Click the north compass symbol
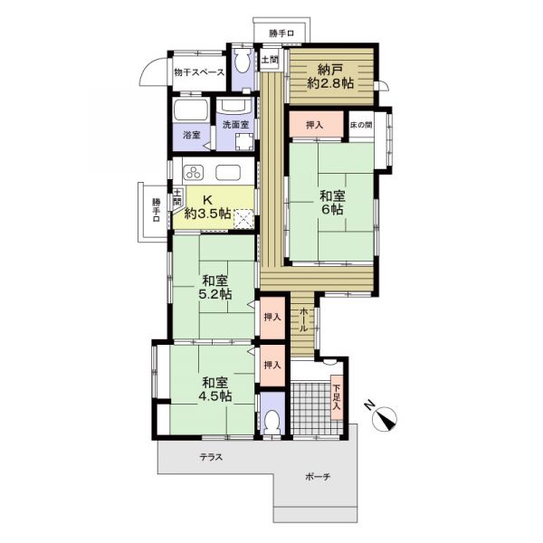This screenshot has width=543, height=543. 384,419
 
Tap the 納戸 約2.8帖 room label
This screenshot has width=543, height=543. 330,77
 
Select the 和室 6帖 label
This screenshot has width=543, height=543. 332,203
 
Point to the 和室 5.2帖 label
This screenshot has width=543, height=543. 214,287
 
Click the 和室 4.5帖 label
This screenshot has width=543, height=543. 214,389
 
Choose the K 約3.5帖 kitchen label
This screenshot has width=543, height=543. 207,206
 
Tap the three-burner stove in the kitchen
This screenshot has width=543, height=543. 194,172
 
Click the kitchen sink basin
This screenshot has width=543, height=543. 228,172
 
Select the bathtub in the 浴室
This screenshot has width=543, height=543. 191,110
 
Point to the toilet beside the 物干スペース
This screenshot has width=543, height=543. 243,61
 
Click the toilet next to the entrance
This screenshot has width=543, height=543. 271,422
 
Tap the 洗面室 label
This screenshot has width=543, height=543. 236,124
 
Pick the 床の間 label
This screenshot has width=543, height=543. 361,125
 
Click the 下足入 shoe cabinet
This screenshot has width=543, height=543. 337,397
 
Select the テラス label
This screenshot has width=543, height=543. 211,457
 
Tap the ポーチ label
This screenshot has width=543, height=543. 318,477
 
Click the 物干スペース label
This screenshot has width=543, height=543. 199,72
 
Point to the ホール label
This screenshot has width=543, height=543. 302,319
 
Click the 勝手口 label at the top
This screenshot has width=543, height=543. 281,33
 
